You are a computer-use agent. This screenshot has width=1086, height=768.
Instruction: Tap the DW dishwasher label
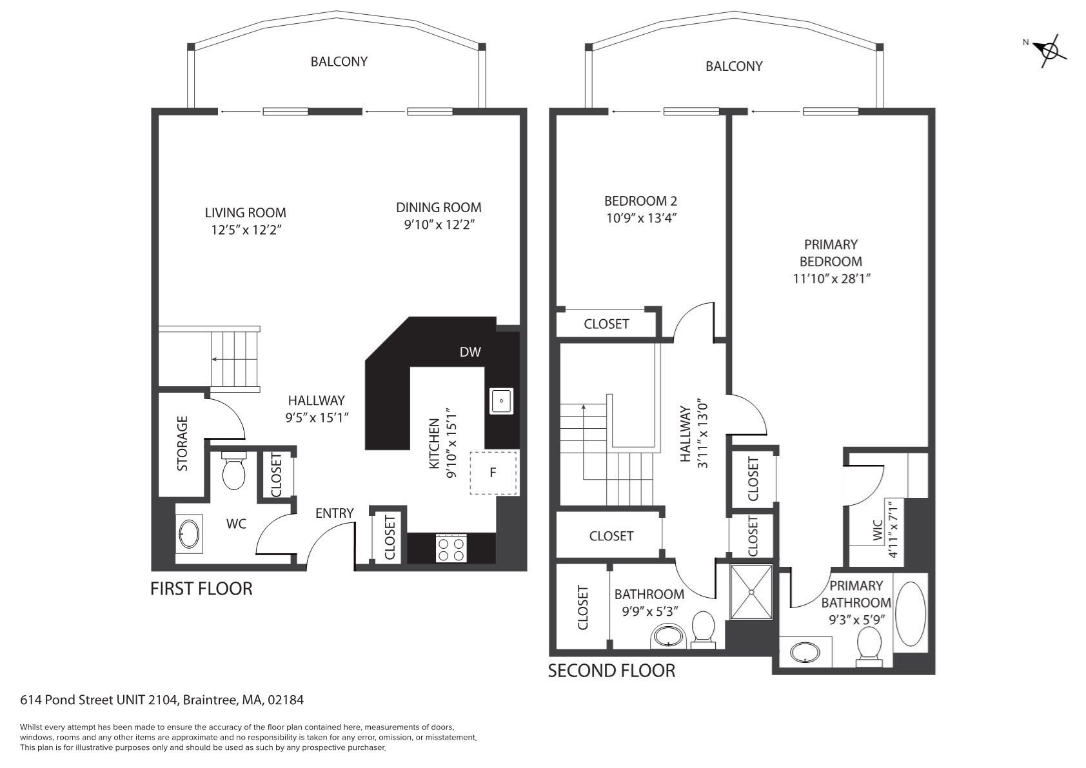click(470, 352)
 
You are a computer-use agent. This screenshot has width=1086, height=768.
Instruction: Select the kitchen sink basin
click(501, 401)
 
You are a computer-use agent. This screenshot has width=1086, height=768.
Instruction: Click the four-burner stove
click(451, 548)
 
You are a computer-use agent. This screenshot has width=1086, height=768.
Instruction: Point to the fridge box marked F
click(493, 473)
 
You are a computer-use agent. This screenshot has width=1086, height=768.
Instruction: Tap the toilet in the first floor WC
click(233, 471)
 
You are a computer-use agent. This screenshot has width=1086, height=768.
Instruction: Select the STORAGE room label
click(183, 443)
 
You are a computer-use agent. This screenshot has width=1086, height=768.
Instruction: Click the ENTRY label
click(334, 513)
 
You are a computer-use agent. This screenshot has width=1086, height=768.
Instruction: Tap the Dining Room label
click(439, 208)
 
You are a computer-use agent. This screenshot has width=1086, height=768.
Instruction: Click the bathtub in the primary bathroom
click(910, 614)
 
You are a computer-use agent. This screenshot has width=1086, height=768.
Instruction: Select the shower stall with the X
click(751, 592)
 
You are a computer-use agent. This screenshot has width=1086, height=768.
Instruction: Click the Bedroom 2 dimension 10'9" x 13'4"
click(640, 218)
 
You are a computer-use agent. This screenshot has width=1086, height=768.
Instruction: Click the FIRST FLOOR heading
click(201, 589)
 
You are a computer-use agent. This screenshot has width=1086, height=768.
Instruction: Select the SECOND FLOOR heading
click(611, 671)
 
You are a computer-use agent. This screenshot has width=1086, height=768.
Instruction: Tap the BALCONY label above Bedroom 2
click(734, 66)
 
